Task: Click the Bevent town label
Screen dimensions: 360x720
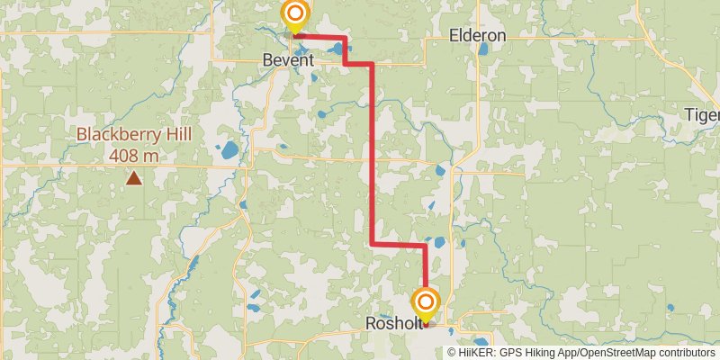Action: point(288,60)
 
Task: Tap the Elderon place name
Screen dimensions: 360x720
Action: point(477,36)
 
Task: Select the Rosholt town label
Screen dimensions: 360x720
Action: point(393,323)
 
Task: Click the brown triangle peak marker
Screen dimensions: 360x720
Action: point(134,178)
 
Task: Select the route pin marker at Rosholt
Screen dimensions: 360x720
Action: point(426,303)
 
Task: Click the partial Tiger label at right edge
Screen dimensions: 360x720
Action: point(703,115)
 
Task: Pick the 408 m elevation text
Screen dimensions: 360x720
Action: point(134,155)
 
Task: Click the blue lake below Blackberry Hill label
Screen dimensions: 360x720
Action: point(230,149)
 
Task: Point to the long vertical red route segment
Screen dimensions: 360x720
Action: point(373,153)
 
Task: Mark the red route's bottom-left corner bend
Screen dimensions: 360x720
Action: point(373,244)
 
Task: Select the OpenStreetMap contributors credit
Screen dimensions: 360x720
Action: point(644,352)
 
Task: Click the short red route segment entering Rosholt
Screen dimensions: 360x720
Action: point(425,270)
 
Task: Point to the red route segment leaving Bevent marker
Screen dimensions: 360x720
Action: point(320,37)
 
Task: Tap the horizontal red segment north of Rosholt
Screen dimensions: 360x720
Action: point(399,244)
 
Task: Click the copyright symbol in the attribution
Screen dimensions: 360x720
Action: point(452,352)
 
